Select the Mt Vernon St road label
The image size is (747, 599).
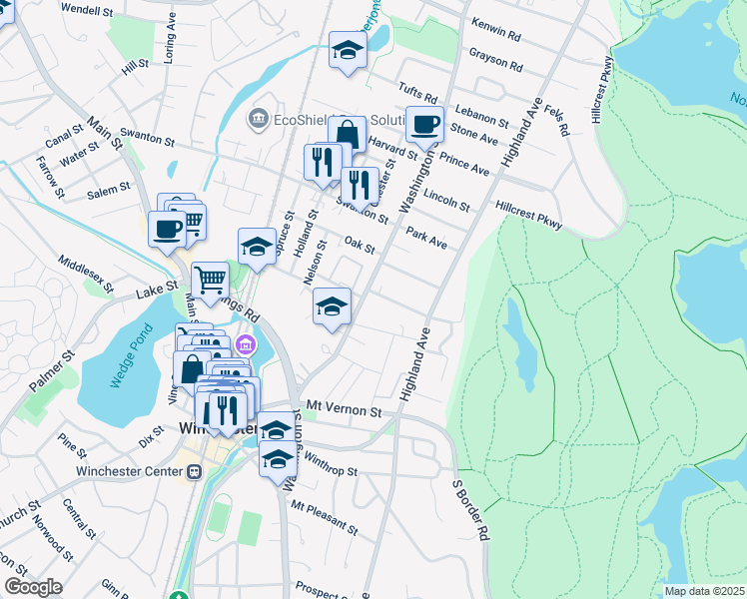click(x=345, y=409)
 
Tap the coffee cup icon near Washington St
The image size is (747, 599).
click(x=424, y=125)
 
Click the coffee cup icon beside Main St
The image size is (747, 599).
click(x=167, y=229)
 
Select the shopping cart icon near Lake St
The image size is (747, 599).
click(x=210, y=281)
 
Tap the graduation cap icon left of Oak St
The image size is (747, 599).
click(x=257, y=247)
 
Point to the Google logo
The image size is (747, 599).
click(x=33, y=586)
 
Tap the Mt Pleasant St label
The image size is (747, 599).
click(x=324, y=515)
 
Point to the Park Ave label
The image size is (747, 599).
click(x=426, y=238)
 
